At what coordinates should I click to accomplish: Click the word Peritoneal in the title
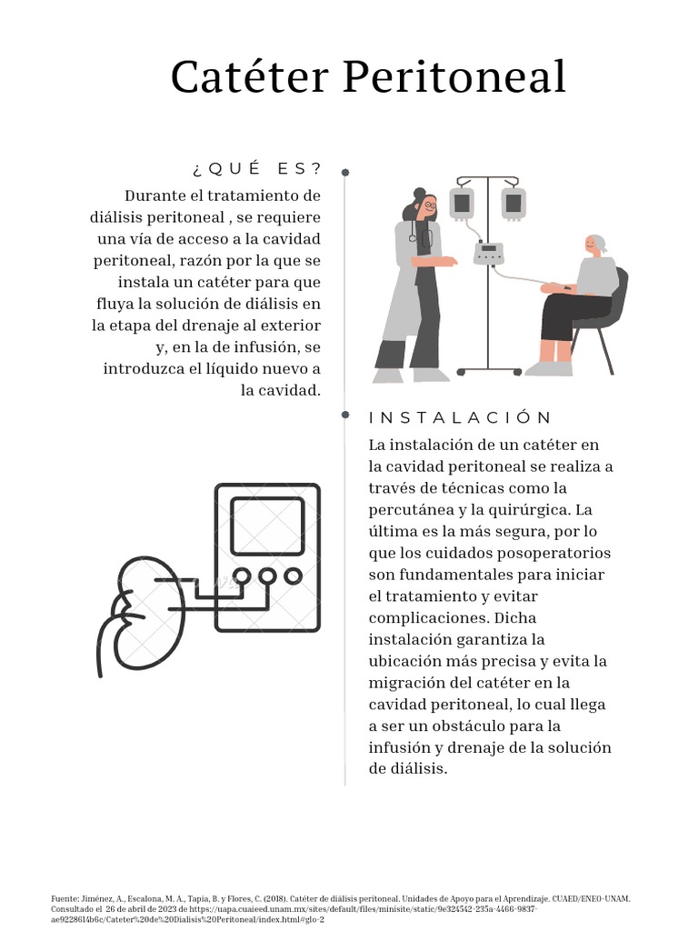point(454,78)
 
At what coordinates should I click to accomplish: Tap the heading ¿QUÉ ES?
point(257,169)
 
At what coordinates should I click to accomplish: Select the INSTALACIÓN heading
point(461,418)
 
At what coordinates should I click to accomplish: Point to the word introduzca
point(151,368)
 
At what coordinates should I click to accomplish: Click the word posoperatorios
point(557,553)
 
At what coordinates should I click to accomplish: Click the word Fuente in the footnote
point(65,898)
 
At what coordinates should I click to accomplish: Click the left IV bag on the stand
point(462,202)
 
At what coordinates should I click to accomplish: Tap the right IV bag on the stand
point(514,202)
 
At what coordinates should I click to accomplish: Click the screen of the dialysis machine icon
point(267,526)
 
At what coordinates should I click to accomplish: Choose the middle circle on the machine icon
point(267,576)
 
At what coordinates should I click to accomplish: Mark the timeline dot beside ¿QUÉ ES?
point(345,172)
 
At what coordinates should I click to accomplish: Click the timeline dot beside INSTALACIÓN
point(345,415)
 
